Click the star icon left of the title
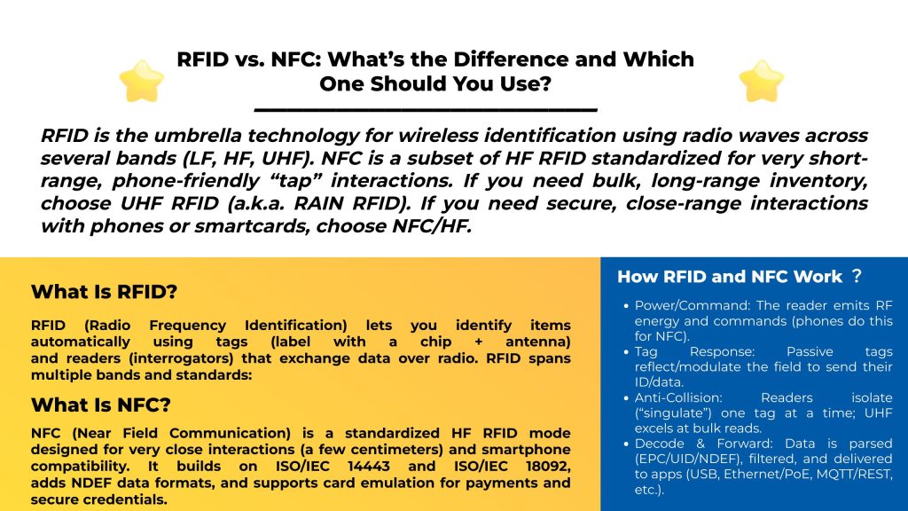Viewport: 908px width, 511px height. pyautogui.click(x=142, y=81)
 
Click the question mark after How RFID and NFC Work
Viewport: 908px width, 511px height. pyautogui.click(x=857, y=277)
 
